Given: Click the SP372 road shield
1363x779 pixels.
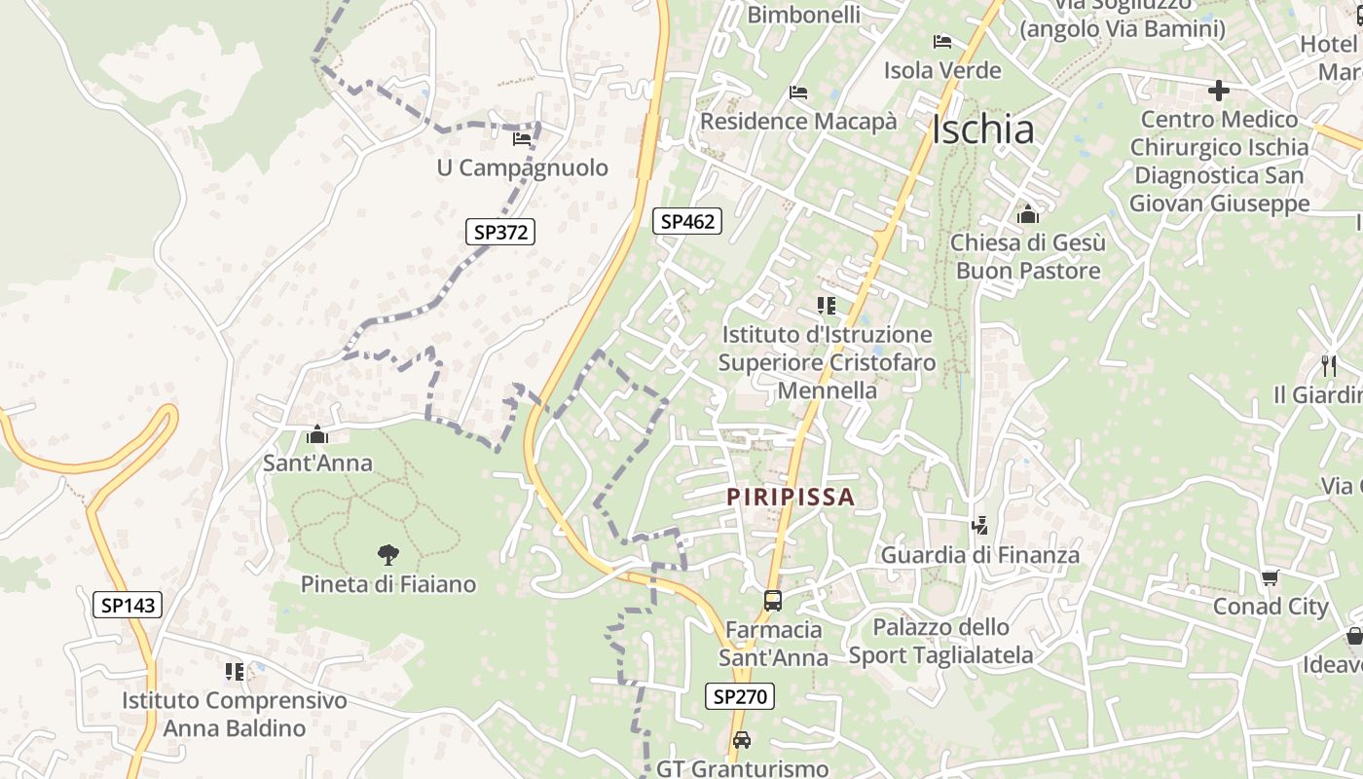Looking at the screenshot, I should (500, 232).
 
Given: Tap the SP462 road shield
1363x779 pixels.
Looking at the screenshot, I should (687, 221).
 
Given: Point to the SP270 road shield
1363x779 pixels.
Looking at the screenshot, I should (740, 696).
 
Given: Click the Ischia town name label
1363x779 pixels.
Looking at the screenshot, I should (982, 130).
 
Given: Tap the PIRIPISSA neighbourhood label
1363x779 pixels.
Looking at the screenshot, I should (791, 497).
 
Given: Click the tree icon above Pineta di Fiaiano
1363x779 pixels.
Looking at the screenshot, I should (388, 555).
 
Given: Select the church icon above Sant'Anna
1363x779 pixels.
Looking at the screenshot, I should (317, 434).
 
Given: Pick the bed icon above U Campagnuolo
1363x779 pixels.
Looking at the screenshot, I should (522, 139).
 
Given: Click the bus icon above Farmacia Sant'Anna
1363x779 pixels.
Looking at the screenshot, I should (773, 601).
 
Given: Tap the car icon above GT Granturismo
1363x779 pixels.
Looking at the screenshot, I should (742, 740).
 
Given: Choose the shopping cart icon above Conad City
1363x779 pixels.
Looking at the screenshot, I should (1270, 578).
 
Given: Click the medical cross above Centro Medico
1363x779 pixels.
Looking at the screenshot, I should (1218, 91).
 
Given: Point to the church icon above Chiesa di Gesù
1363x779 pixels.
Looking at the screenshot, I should (1028, 214).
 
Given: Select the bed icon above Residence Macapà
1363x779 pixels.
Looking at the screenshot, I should (798, 93).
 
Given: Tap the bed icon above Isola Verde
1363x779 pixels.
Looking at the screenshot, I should (941, 42).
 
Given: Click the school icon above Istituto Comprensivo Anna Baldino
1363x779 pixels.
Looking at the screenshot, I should (235, 671).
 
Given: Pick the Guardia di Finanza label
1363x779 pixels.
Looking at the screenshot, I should (980, 555).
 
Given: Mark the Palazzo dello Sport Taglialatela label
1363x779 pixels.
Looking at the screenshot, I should (940, 641).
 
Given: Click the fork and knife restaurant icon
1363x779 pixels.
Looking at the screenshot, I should (1329, 365).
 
